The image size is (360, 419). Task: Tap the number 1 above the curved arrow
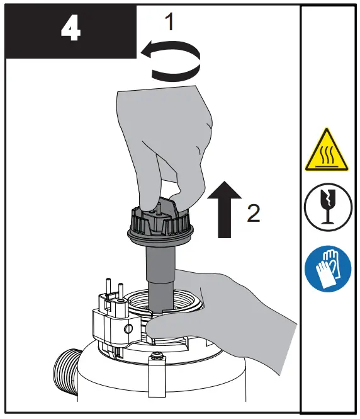(168, 23)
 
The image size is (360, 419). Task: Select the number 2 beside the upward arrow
(253, 214)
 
